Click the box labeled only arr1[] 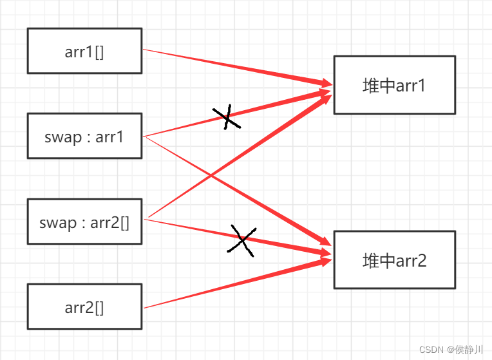(x=84, y=51)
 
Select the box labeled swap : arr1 (x=84, y=136)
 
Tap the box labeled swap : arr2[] (x=84, y=222)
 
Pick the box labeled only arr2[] (x=84, y=307)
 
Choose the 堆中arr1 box (x=394, y=85)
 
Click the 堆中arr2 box (x=394, y=260)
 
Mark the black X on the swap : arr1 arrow (x=226, y=117)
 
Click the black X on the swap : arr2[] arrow (x=241, y=241)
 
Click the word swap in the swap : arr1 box (x=59, y=137)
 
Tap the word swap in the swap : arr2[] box (x=57, y=223)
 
